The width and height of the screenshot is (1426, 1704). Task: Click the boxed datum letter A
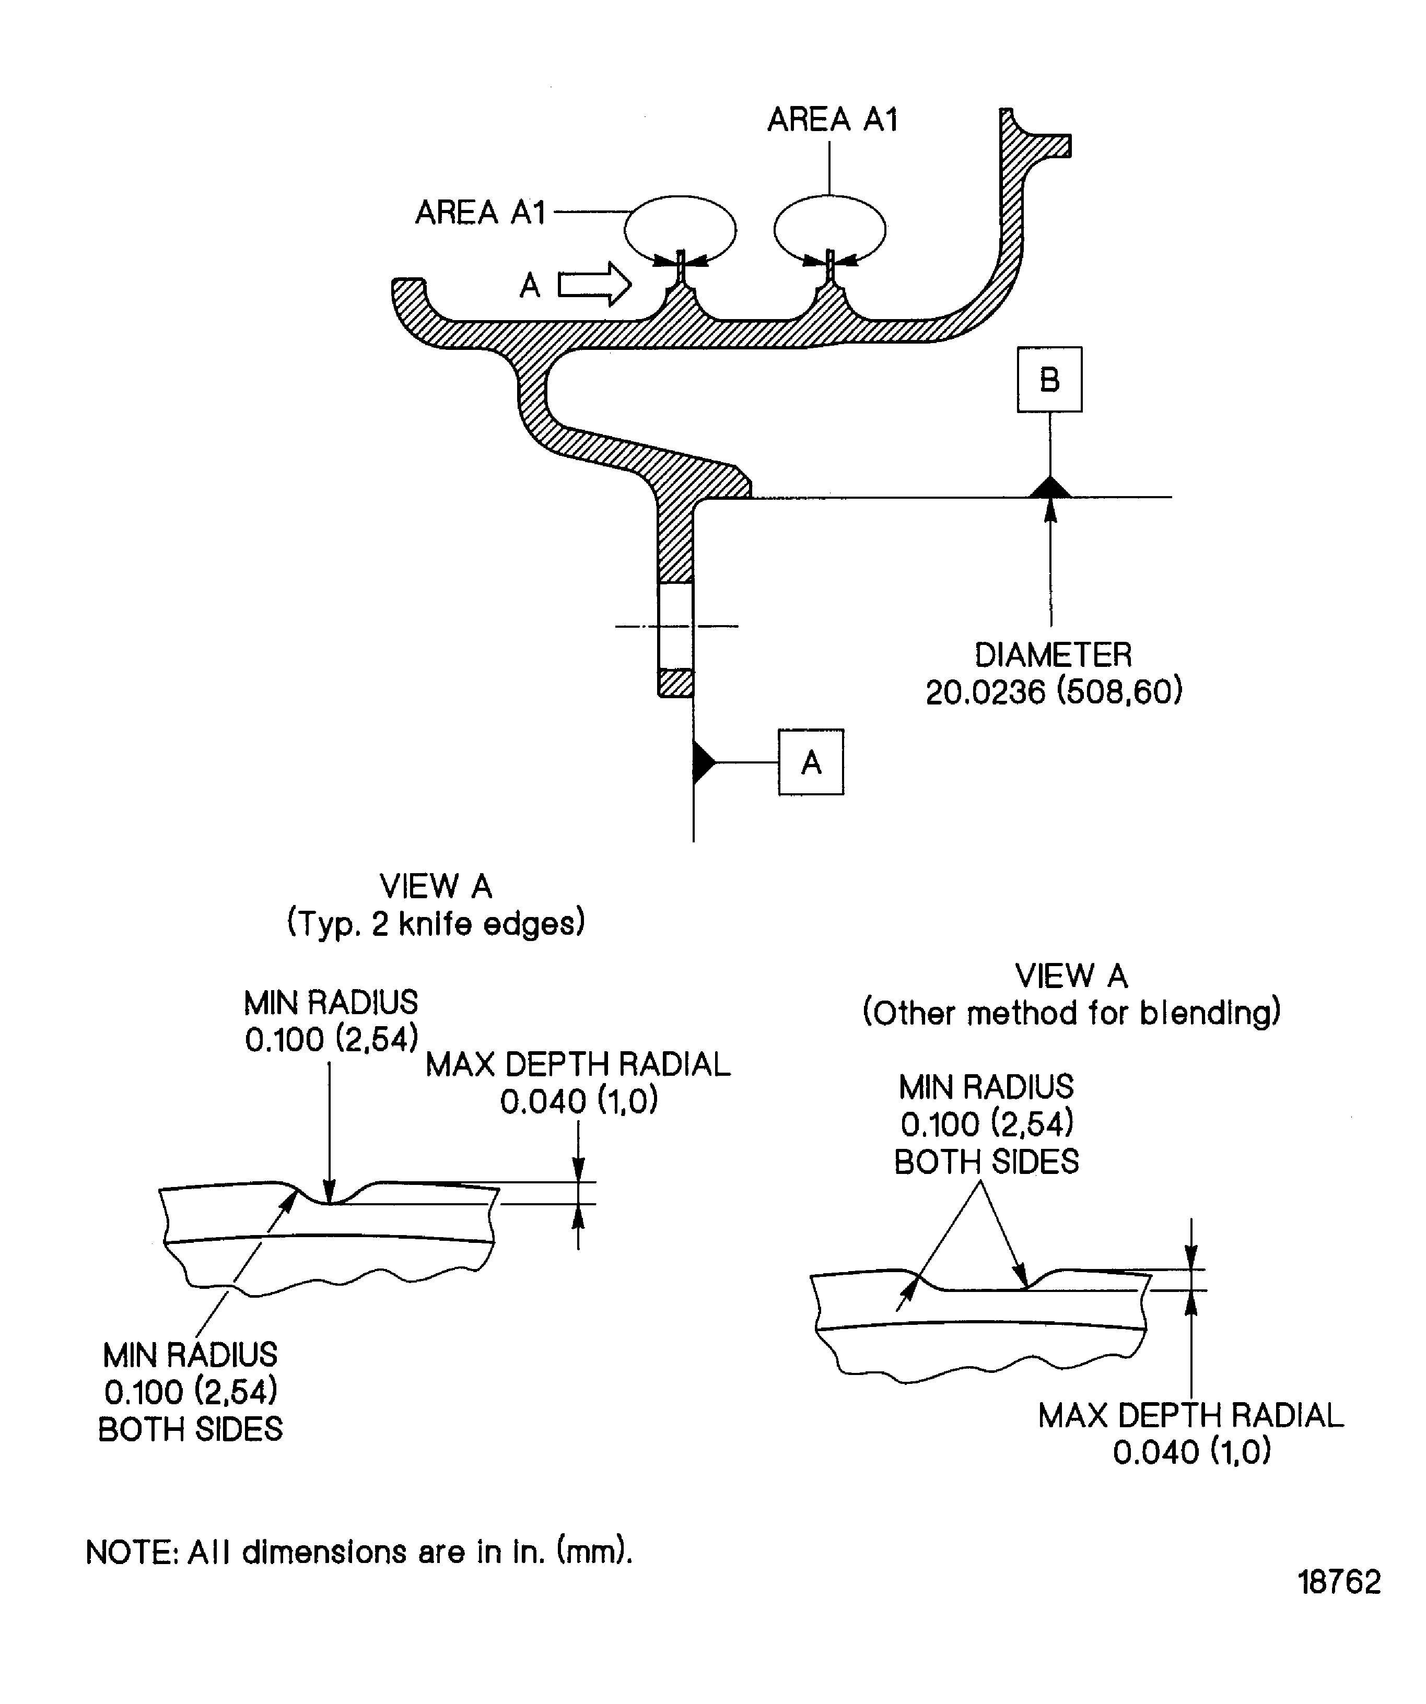810,762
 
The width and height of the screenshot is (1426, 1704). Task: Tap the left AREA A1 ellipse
680,230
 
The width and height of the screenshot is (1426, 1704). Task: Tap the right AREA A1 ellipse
829,230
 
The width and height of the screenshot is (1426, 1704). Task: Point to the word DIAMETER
1053,655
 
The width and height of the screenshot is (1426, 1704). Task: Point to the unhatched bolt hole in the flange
675,626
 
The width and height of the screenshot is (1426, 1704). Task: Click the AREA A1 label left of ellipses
480,213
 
